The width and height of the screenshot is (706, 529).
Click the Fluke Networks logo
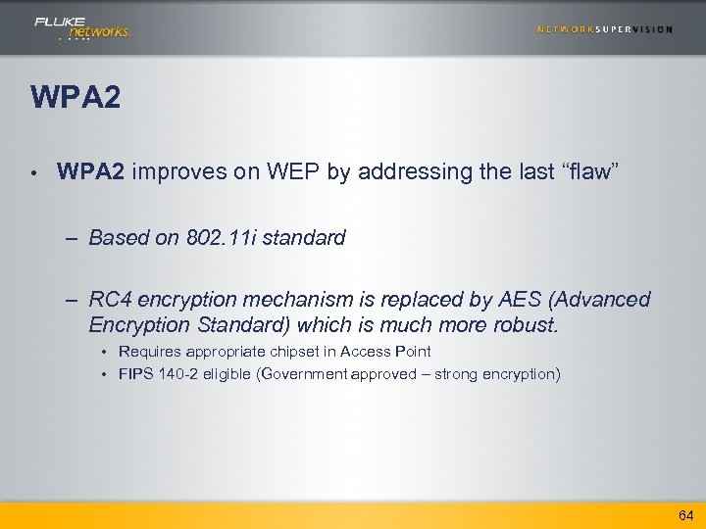[81, 27]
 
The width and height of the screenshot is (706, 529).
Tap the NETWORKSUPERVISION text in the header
[604, 29]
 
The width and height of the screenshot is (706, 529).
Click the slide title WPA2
[76, 98]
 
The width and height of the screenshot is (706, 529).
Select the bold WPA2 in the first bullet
[90, 173]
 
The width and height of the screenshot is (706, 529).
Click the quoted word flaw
[590, 173]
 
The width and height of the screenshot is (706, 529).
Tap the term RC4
[109, 300]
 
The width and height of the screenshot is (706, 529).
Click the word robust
[526, 324]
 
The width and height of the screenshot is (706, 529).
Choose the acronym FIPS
[134, 374]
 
